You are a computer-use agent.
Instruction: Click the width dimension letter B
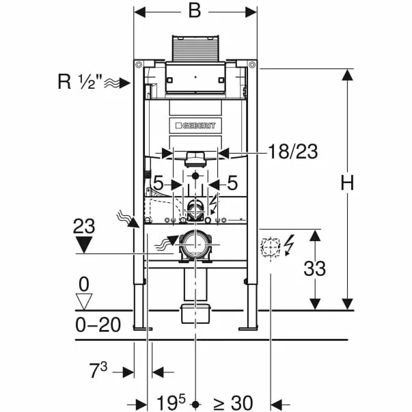(x=195, y=11)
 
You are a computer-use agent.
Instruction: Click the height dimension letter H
(x=347, y=183)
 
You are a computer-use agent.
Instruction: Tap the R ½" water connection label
(x=80, y=81)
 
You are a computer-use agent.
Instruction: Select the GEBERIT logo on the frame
(x=195, y=126)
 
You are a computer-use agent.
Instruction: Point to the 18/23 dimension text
(x=292, y=152)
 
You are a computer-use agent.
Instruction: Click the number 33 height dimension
(x=314, y=269)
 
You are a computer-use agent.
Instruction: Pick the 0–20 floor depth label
(x=98, y=325)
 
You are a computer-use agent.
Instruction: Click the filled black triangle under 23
(x=84, y=245)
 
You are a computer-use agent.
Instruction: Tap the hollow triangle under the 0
(x=84, y=301)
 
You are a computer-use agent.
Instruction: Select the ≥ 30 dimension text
(x=233, y=403)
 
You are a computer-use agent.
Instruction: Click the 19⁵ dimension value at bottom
(x=171, y=402)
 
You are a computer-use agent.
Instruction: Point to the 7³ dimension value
(x=98, y=370)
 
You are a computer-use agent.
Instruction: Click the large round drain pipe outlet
(x=195, y=245)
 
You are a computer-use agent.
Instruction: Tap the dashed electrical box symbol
(x=271, y=247)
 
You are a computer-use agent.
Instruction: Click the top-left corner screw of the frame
(x=139, y=64)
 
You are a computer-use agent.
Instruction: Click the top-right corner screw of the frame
(x=252, y=64)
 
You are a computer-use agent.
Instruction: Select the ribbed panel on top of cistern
(x=195, y=49)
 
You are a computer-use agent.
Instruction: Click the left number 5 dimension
(x=159, y=183)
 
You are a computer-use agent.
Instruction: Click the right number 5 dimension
(x=232, y=183)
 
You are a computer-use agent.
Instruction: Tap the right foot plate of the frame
(x=248, y=329)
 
